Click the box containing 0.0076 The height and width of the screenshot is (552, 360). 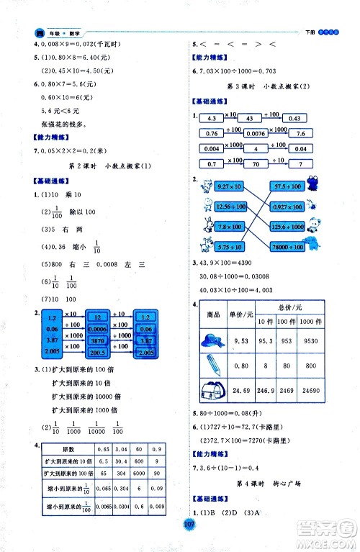tap(253, 133)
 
